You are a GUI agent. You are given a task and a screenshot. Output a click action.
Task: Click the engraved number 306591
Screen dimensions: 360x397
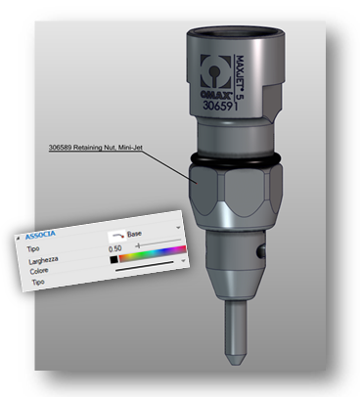point(220,106)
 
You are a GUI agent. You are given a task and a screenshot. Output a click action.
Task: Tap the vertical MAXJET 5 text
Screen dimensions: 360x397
point(240,76)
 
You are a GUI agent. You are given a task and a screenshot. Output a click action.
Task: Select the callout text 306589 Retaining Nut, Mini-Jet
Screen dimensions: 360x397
point(95,148)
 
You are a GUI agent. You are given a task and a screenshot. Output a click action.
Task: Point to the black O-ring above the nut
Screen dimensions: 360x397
point(235,159)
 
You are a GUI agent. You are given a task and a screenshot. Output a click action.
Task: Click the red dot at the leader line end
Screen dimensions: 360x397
point(197,183)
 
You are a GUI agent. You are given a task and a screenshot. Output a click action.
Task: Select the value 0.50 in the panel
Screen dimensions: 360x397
point(115,249)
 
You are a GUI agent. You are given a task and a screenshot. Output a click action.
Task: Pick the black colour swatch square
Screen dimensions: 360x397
point(113,260)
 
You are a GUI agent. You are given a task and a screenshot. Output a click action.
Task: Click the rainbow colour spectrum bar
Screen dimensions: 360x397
point(153,254)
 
